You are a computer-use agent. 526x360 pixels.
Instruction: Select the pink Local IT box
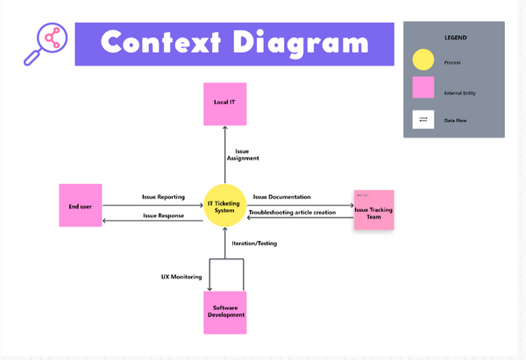[x=224, y=102]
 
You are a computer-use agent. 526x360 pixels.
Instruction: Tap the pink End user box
[x=82, y=207]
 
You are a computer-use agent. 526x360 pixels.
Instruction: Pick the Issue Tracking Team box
[x=374, y=210]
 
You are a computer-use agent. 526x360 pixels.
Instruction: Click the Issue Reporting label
[x=163, y=197]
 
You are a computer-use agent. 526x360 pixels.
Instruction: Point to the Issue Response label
[x=163, y=215]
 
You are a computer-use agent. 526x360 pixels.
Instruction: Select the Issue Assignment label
[x=243, y=155]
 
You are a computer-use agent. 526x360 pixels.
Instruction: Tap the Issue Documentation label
[x=282, y=197]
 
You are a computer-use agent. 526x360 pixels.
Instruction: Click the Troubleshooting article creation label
[x=292, y=212]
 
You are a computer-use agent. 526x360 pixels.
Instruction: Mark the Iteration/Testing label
[x=254, y=243]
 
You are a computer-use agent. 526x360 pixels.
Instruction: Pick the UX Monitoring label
[x=181, y=276]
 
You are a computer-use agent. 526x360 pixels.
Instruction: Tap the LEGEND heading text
[x=454, y=39]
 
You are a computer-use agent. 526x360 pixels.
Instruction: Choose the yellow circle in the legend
[x=423, y=61]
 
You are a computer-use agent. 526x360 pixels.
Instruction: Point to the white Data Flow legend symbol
[x=423, y=120]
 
